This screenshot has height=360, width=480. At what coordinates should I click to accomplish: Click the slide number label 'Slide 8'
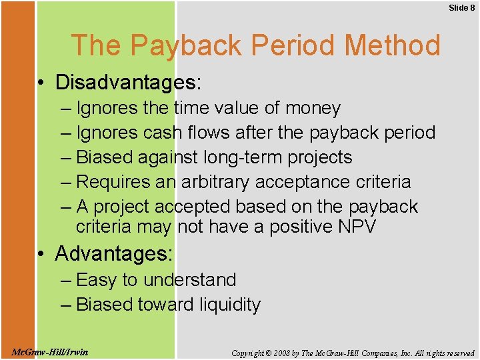[461, 7]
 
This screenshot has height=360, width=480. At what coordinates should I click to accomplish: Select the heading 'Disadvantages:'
[129, 83]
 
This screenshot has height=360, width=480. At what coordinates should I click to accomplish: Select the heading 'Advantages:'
[114, 254]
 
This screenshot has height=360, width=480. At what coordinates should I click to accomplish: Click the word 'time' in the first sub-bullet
[191, 108]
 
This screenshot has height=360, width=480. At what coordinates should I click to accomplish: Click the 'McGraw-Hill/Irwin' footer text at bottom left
[50, 352]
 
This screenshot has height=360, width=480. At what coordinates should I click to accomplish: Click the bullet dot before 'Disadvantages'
[42, 83]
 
